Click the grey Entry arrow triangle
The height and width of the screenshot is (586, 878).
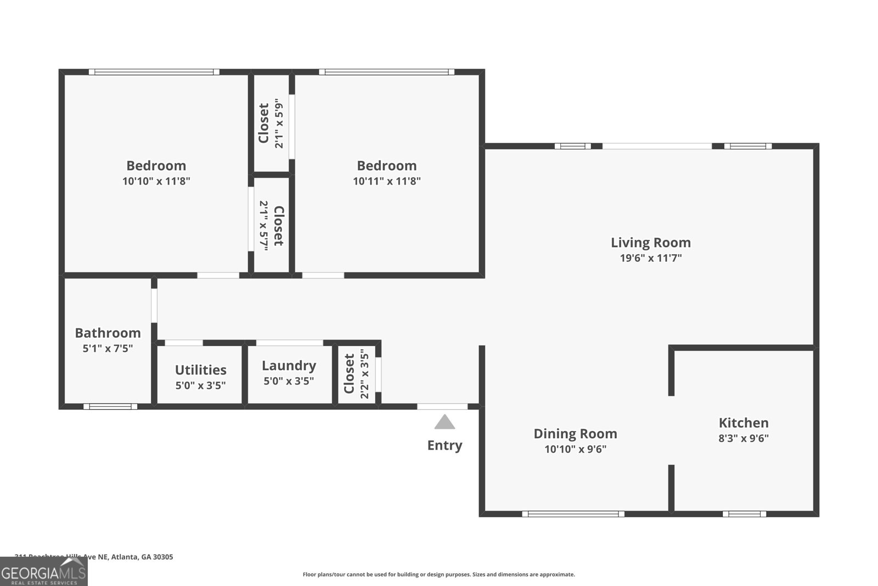444,422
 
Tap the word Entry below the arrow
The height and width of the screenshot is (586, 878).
444,445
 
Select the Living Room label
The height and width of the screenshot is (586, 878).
650,242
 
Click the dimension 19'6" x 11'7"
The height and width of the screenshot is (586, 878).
650,258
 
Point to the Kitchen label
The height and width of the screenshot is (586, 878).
744,422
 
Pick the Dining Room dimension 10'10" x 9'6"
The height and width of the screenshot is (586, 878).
575,449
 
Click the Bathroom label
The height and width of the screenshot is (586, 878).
108,333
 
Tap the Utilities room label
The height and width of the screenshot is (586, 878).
200,370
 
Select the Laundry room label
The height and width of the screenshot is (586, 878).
289,366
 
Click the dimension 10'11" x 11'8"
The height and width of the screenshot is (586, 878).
386,181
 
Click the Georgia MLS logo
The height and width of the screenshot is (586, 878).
43,572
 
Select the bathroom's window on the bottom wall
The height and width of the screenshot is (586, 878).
110,406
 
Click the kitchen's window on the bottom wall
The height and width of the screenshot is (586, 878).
744,514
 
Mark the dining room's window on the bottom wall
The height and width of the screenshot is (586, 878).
573,514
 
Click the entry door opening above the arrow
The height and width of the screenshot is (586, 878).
442,406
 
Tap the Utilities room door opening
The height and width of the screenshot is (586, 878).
183,343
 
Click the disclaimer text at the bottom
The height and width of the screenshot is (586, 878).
438,574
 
